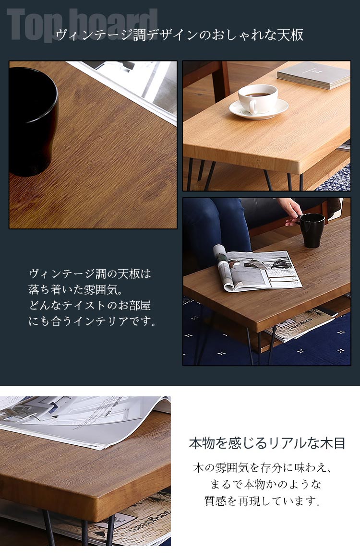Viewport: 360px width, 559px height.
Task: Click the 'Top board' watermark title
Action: click(x=82, y=24)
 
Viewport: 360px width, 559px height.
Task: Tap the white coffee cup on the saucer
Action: click(x=258, y=98)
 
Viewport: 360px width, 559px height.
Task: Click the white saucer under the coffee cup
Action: click(x=259, y=109)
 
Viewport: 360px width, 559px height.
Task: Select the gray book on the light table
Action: click(x=313, y=75)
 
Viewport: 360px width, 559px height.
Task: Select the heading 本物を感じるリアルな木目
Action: click(x=267, y=443)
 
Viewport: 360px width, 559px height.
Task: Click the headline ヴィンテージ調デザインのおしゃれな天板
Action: click(x=180, y=35)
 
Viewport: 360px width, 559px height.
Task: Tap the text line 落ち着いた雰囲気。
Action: click(x=76, y=289)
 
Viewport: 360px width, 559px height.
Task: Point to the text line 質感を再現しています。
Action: click(x=263, y=501)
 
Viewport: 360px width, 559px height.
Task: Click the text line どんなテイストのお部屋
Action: click(x=90, y=306)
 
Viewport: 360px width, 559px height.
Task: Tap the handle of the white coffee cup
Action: click(x=253, y=107)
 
